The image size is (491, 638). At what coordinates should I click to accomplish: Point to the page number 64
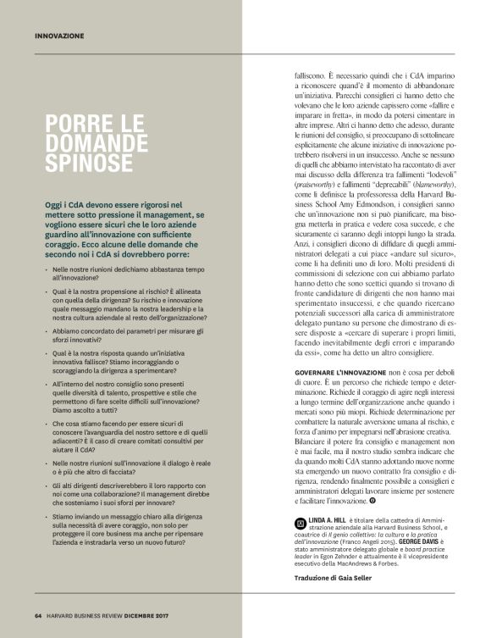pos(39,615)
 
